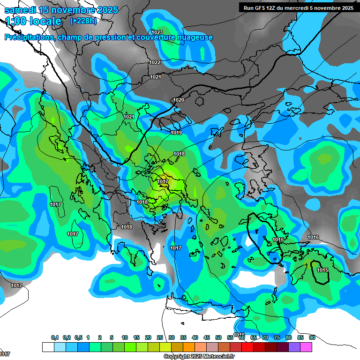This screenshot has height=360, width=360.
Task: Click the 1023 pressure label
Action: [157, 32]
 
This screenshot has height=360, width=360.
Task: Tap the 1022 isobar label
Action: [155, 62]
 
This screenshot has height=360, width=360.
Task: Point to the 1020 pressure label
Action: [179, 100]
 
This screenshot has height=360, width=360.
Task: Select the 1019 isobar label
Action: [176, 133]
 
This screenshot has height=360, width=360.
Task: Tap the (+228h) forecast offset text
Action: [83, 21]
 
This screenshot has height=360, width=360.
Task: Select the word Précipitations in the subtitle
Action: [29, 37]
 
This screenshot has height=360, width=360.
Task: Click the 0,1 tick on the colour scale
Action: [54, 337]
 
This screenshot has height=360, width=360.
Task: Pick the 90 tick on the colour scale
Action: [312, 337]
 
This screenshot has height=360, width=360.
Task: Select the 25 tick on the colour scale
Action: [160, 337]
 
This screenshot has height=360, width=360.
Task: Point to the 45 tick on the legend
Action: [207, 337]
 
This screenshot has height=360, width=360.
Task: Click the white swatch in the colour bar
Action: [48, 347]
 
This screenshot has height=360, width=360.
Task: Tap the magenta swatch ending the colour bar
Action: [306, 347]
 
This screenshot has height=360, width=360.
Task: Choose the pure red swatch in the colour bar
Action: [247, 347]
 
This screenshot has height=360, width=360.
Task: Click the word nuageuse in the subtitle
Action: [194, 37]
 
